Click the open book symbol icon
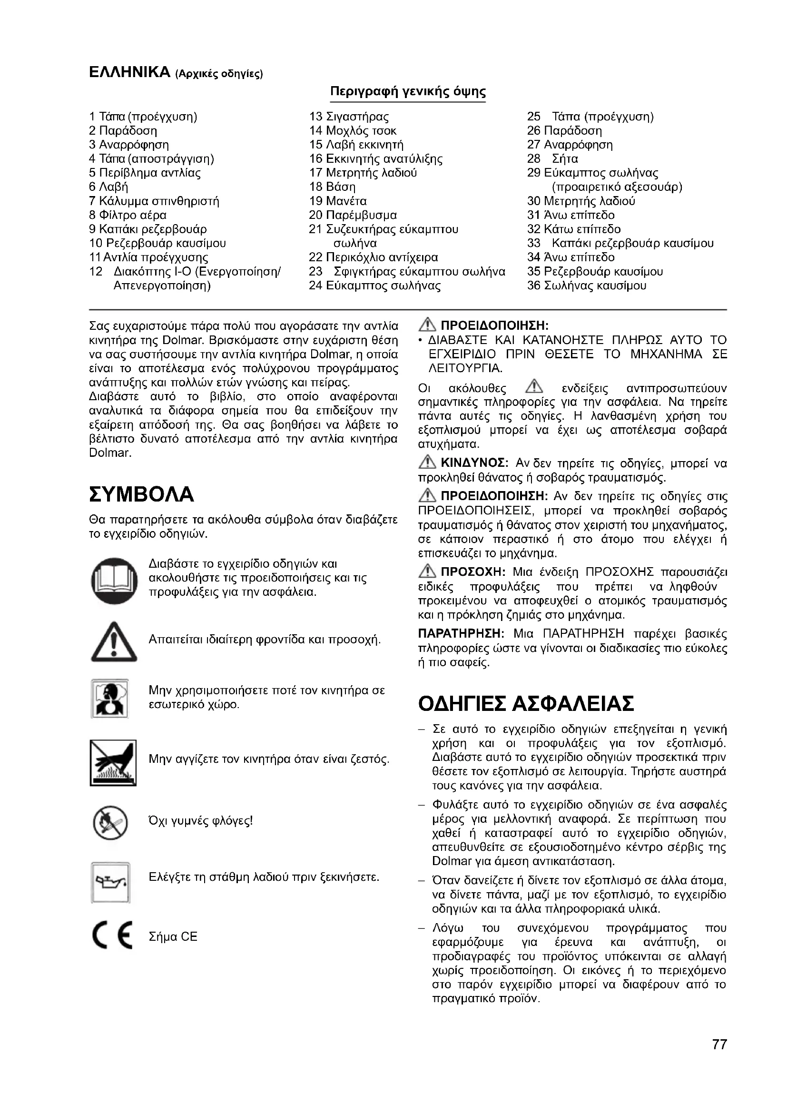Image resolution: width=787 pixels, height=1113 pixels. (114, 581)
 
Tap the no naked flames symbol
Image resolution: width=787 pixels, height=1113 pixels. (110, 823)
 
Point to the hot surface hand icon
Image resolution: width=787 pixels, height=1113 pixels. (113, 762)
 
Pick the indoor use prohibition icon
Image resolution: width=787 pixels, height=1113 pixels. (110, 699)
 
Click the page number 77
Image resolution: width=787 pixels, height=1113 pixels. (719, 1058)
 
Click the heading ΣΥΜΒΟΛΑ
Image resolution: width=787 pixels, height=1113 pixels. (141, 494)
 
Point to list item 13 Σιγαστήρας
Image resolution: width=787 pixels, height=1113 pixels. (349, 117)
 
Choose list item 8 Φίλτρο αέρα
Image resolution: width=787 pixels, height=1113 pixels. (128, 215)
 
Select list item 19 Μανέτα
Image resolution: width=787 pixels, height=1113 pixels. (338, 201)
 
